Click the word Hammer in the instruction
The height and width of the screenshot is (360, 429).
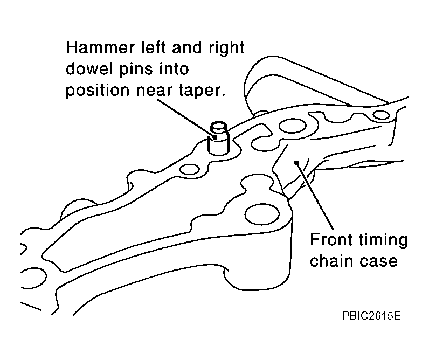pos(100,47)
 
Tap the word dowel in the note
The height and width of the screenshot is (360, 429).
pos(88,68)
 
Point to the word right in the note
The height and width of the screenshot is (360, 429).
pos(226,49)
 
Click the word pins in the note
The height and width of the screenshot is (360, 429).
pos(134,69)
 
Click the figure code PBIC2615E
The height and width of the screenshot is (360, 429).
pos(371,316)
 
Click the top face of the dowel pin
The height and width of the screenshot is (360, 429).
pos(219,126)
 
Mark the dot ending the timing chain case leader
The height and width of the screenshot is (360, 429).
pos(296,163)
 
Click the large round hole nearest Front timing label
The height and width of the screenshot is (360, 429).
pos(262,214)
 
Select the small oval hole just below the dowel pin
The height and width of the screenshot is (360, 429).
pos(189,169)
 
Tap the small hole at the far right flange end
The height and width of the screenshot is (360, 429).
pos(382,115)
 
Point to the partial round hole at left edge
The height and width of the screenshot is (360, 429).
pos(33,278)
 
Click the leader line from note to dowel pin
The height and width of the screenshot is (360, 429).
pos(186,118)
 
